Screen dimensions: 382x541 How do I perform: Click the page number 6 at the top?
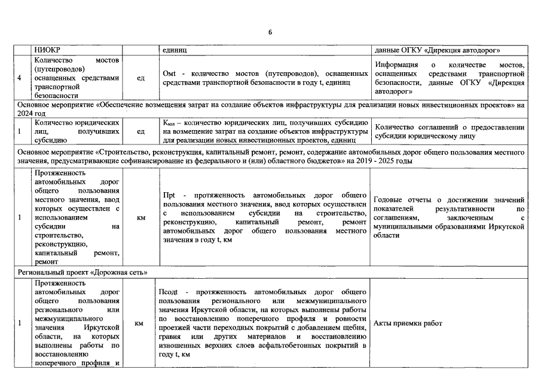tap(270, 32)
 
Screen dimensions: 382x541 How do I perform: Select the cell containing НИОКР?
tap(48, 50)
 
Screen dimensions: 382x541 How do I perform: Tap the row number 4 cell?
tap(20, 78)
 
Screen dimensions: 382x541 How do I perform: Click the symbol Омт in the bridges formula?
tap(169, 73)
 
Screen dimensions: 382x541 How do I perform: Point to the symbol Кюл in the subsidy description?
tap(169, 122)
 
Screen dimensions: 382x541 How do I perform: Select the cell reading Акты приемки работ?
tap(408, 324)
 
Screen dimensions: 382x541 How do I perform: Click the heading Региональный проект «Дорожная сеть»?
tap(82, 272)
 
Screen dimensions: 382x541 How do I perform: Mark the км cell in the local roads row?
tap(140, 218)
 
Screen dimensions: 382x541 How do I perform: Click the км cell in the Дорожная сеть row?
tap(139, 324)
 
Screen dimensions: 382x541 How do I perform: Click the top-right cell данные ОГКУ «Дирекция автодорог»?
tap(437, 50)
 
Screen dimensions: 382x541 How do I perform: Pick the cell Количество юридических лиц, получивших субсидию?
tap(77, 131)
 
